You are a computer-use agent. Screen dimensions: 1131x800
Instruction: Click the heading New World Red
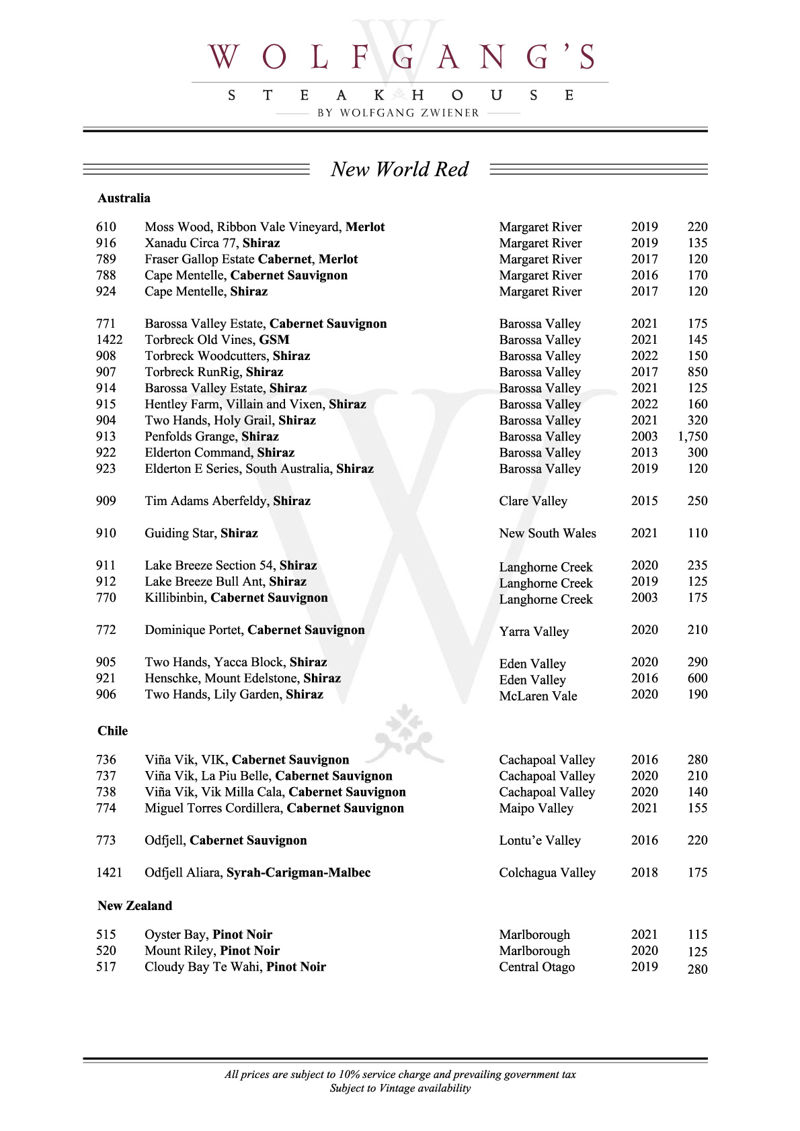[x=399, y=169]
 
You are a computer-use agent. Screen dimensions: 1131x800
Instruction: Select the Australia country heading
[x=124, y=198]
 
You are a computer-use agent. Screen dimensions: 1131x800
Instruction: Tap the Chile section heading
[x=112, y=731]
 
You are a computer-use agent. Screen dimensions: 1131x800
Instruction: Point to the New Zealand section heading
[x=134, y=905]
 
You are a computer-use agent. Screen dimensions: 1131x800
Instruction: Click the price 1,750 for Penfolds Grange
[x=692, y=437]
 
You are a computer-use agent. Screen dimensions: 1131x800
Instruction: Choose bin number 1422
[x=109, y=340]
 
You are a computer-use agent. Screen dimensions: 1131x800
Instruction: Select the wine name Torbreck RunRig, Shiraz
[x=214, y=372]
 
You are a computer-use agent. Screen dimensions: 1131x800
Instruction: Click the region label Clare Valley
[x=533, y=501]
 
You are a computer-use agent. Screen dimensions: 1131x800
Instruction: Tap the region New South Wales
[x=547, y=533]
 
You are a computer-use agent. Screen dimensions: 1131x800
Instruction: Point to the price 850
[x=697, y=372]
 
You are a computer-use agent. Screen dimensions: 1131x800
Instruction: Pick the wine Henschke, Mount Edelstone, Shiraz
[x=243, y=678]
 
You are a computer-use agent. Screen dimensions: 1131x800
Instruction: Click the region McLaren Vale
[x=538, y=696]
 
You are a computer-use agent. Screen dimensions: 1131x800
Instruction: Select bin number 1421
[x=109, y=872]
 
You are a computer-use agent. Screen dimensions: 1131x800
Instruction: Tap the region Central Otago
[x=536, y=967]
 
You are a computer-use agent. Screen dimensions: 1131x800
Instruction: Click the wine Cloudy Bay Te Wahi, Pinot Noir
[x=235, y=967]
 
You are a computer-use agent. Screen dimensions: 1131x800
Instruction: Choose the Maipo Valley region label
[x=536, y=808]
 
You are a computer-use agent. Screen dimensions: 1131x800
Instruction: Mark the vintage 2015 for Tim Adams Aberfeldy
[x=644, y=501]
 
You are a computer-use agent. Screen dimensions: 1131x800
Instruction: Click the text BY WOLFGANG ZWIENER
[x=399, y=113]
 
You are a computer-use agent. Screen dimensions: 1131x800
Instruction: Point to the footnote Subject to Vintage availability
[x=400, y=1088]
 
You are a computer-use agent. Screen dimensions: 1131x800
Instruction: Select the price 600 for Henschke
[x=697, y=678]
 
